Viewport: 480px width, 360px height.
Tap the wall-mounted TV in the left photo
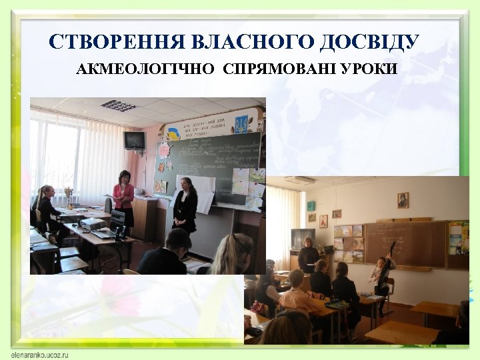pos(135,140)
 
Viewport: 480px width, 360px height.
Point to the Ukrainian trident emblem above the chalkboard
pos(241,123)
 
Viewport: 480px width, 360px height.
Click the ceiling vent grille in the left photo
pos(119,105)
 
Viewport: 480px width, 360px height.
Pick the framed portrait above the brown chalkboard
pos(403,200)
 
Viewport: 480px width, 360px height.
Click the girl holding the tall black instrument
pos(382,273)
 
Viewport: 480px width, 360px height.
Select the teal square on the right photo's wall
pos(311,206)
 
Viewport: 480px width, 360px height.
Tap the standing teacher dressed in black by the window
pos(308,257)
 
